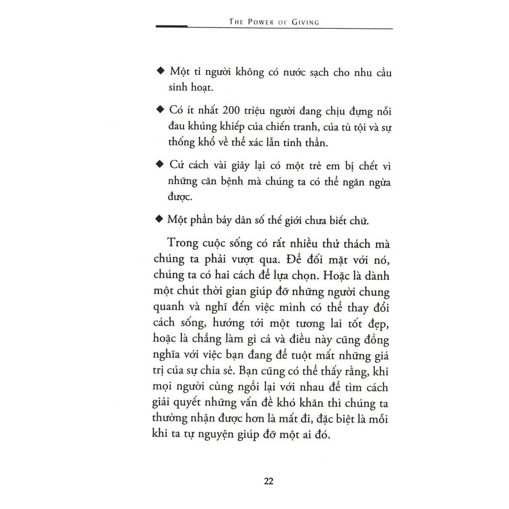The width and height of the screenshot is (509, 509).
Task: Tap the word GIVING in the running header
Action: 304,22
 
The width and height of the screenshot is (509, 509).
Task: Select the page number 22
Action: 268,481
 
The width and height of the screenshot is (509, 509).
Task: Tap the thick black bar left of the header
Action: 171,26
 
